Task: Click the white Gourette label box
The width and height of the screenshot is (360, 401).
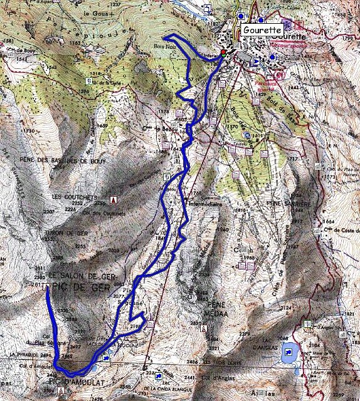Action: coord(261,30)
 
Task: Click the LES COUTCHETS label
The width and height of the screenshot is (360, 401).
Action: coord(75,197)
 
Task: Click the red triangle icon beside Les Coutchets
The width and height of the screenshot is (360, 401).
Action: coord(114,200)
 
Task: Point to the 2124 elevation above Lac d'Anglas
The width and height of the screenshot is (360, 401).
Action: coord(287,308)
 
